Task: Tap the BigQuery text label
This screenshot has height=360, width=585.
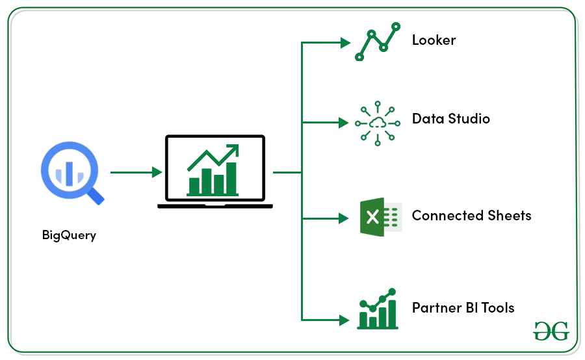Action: [69, 235]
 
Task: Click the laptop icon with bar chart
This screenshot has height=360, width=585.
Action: [214, 172]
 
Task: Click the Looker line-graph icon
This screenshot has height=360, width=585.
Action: [377, 41]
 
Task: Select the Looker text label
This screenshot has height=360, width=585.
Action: [434, 40]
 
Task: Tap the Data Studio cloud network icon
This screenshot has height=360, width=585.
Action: [377, 122]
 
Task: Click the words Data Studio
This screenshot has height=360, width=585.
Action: [450, 119]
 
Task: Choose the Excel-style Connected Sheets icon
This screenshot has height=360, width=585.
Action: [380, 216]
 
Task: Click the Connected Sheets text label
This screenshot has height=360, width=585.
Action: [471, 216]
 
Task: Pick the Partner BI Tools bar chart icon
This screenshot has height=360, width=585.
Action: [377, 310]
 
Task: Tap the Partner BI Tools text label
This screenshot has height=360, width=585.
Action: [463, 307]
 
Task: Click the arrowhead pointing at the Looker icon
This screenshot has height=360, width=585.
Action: [346, 44]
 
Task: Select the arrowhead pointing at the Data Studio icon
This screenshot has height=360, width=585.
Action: [346, 122]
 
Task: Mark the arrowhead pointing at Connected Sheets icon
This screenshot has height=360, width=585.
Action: [346, 218]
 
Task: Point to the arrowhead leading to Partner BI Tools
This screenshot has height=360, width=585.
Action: [346, 319]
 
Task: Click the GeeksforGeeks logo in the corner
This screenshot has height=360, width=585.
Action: [551, 330]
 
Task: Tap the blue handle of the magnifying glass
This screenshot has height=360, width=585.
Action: [96, 196]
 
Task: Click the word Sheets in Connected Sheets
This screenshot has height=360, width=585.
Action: [509, 216]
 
